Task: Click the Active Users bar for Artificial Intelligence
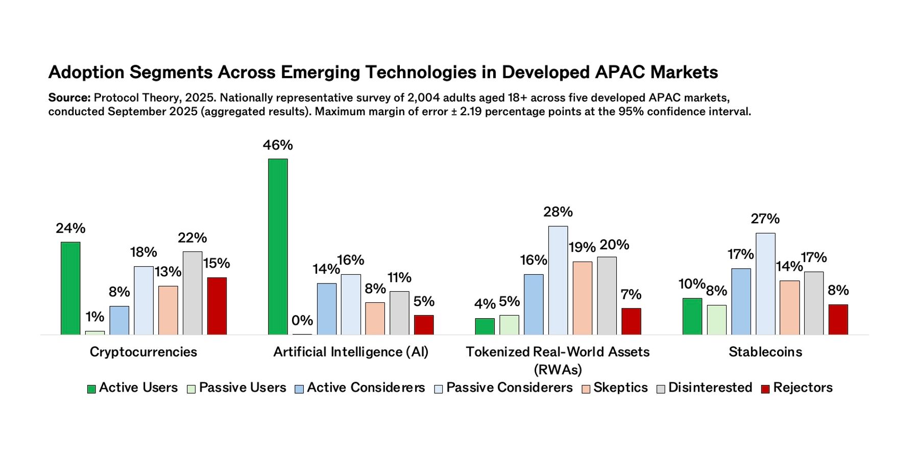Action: click(x=278, y=247)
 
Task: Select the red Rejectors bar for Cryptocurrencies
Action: click(x=216, y=306)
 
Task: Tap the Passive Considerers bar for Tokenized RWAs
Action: click(x=558, y=280)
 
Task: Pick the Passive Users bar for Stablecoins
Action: click(x=716, y=320)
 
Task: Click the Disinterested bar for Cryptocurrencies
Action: click(x=192, y=293)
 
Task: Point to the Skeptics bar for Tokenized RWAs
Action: click(x=582, y=298)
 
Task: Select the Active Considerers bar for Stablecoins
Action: click(x=741, y=301)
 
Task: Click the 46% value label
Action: click(x=278, y=145)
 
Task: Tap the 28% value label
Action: click(x=558, y=212)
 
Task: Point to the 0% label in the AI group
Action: click(x=302, y=321)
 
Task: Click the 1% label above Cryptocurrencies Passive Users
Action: click(x=95, y=317)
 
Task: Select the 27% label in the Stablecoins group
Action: click(x=765, y=219)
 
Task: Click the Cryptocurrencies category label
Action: click(x=143, y=352)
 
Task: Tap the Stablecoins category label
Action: click(x=765, y=352)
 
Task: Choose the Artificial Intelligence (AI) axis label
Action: click(x=351, y=352)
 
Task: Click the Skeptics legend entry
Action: click(x=620, y=388)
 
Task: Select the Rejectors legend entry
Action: click(x=802, y=388)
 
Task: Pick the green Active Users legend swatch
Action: click(x=91, y=389)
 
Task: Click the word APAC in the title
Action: click(x=620, y=72)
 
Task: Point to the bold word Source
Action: click(x=69, y=97)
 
